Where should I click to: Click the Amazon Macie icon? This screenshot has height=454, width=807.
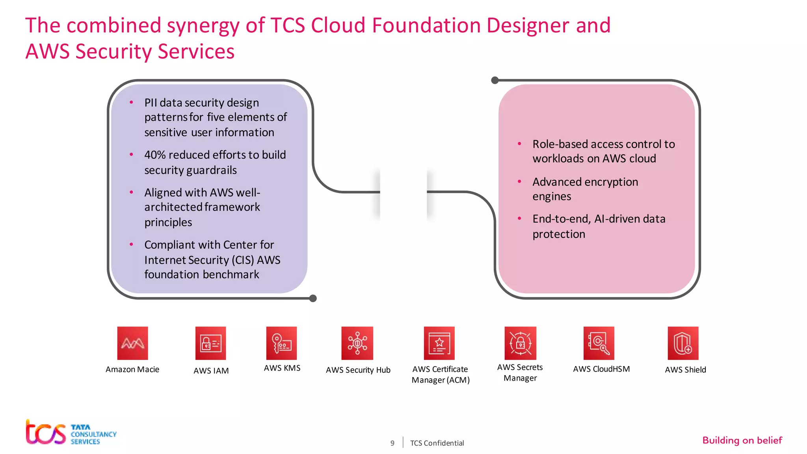(x=132, y=343)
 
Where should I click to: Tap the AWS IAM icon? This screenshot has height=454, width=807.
(x=210, y=343)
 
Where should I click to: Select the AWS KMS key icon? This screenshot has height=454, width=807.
(x=281, y=343)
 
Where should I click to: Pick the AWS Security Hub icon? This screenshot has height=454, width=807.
(x=357, y=343)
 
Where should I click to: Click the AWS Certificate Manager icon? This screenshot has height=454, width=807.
(x=439, y=343)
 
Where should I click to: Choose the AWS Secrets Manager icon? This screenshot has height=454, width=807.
(x=520, y=343)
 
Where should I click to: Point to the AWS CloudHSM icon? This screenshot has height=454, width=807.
(x=599, y=343)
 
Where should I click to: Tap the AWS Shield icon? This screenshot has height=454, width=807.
(x=683, y=343)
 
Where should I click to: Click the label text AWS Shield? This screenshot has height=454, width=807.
(x=685, y=370)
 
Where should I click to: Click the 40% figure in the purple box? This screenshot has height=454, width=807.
(x=155, y=155)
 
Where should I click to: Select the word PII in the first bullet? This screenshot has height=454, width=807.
(x=151, y=103)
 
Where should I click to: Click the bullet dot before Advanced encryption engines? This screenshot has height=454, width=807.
(x=519, y=181)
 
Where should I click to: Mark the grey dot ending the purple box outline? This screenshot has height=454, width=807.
(x=313, y=298)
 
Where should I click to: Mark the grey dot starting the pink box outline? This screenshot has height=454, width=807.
(x=495, y=80)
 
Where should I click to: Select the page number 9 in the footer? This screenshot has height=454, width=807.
(x=392, y=443)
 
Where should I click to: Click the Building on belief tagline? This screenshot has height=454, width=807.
(x=742, y=440)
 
